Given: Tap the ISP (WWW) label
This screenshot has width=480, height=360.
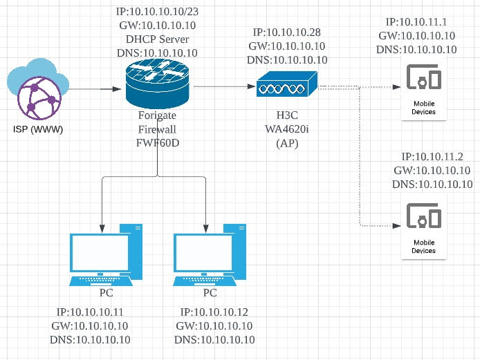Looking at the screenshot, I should [x=39, y=129].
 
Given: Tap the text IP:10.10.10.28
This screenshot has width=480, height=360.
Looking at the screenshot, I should [x=286, y=32].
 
